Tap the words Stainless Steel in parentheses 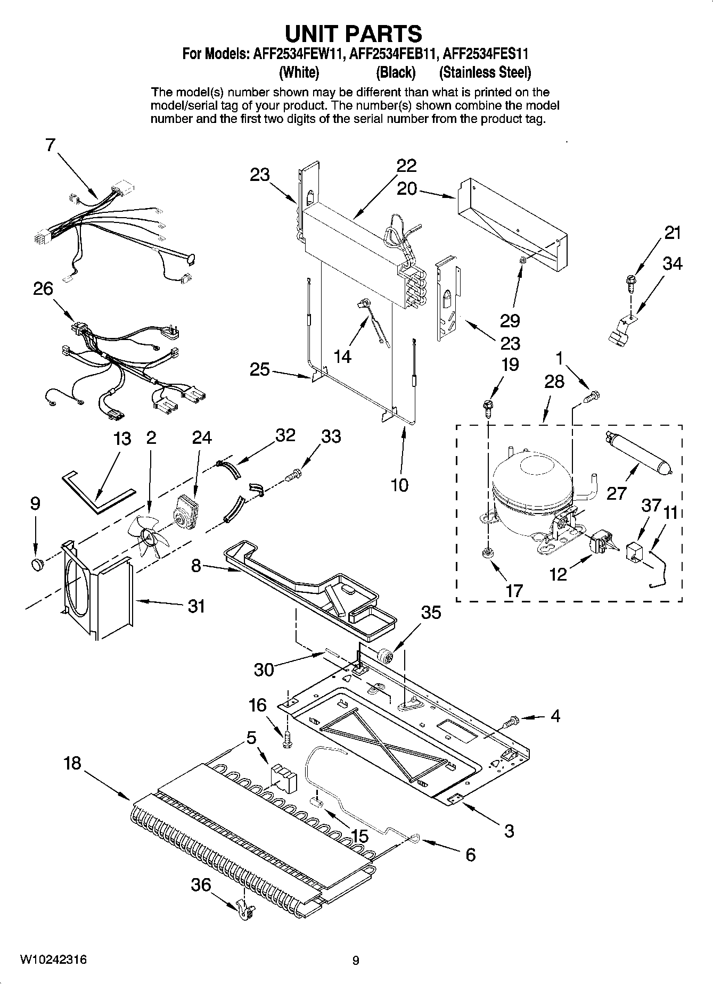(485, 72)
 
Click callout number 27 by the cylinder (616, 493)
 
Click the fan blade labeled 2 (149, 536)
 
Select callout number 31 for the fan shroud (196, 606)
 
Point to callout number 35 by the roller (431, 613)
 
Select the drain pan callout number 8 (196, 566)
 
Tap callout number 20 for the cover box (407, 188)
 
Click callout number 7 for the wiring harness (50, 144)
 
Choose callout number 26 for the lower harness (43, 288)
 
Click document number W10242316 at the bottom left (53, 960)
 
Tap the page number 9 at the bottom (356, 961)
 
